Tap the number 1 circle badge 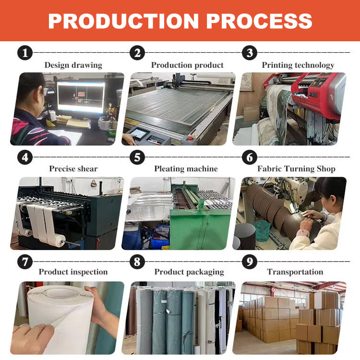click(x=24, y=53)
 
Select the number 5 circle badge click(x=137, y=156)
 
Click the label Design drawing click(x=73, y=65)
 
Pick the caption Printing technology click(x=298, y=65)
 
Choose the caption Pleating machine click(x=186, y=168)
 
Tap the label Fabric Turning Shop click(x=296, y=168)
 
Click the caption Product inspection click(x=73, y=272)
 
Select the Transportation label click(x=295, y=272)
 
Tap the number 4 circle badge click(x=24, y=156)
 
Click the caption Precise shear click(x=73, y=168)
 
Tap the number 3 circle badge click(x=249, y=53)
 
